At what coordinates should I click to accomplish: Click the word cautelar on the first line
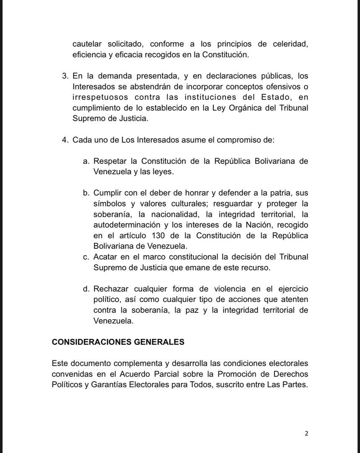(87, 44)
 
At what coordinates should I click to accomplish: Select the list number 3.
(65, 76)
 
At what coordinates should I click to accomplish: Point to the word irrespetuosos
(99, 97)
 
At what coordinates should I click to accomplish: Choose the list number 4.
(65, 140)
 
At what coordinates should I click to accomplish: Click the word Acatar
(105, 257)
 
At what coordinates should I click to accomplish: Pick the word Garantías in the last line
(107, 385)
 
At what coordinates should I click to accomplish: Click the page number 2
(306, 434)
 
